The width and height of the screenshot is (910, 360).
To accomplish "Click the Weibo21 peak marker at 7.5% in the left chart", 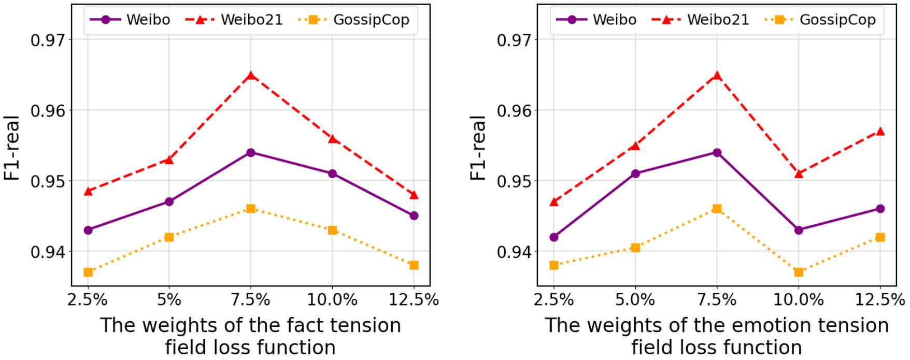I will pos(251,76).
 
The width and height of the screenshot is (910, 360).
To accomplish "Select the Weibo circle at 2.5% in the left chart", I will pos(88,230).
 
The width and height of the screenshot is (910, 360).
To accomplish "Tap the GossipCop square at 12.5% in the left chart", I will pos(414,265).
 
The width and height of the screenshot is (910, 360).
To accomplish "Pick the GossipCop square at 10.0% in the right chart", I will pos(799,272).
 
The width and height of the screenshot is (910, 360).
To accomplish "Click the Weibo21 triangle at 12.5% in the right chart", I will pos(880,132).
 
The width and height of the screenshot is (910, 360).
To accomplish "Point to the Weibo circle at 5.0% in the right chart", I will pos(635,174).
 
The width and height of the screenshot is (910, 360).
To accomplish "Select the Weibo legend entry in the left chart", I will pos(130,20).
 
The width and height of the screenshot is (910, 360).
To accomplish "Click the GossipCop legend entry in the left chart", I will pos(353,20).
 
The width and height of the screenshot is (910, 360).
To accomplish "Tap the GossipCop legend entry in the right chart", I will pos(820,20).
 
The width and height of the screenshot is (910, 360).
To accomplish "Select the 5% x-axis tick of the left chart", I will pos(169,299).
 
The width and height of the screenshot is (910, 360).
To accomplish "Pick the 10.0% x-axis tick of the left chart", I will pos(332,299).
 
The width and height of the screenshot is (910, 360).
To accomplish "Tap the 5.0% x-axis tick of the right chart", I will pos(635,299).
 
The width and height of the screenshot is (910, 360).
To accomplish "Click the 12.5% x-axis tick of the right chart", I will pos(880,299).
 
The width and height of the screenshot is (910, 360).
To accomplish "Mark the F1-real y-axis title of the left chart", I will pos(12,148).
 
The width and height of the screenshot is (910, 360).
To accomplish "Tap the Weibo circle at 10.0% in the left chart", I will pos(332,174).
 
